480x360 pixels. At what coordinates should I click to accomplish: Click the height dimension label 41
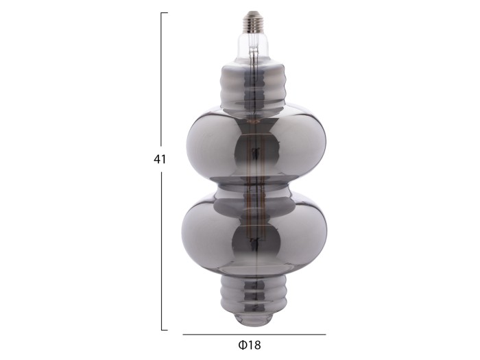click(160, 159)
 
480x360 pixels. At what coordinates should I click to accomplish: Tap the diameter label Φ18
click(250, 345)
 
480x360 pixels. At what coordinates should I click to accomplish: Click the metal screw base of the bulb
click(253, 21)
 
